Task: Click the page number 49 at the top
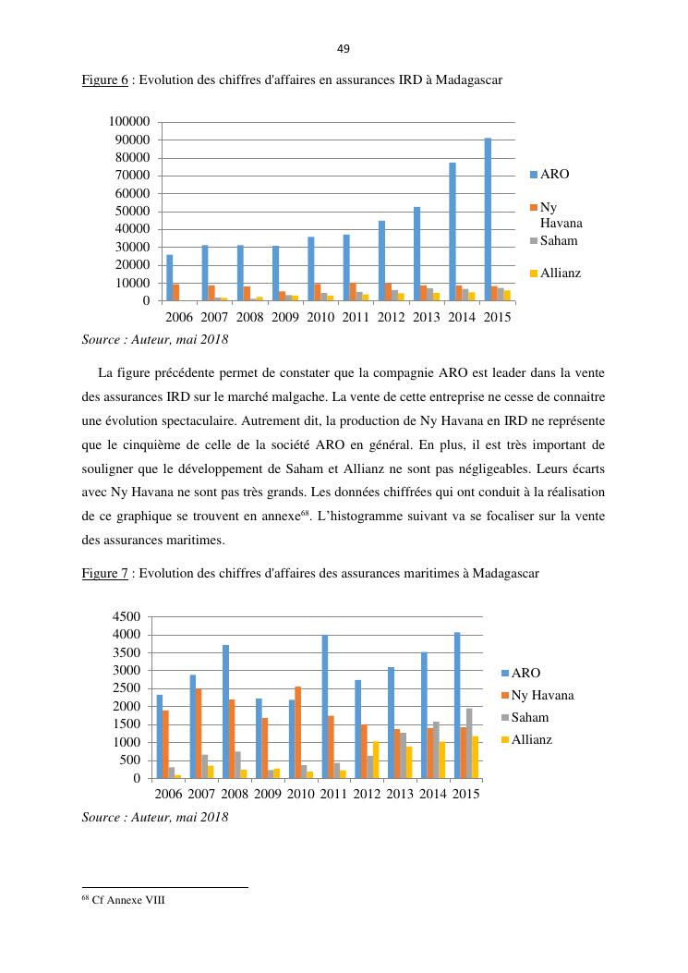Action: point(344,49)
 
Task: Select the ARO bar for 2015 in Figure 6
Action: point(488,220)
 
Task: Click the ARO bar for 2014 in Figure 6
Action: point(453,232)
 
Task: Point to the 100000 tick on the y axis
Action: point(129,122)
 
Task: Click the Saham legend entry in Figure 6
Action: point(559,241)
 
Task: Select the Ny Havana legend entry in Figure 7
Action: point(542,696)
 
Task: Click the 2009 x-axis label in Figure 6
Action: point(285,317)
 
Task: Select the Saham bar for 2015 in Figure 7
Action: point(469,744)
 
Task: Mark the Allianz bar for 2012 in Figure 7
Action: point(376,760)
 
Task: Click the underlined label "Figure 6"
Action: point(104,80)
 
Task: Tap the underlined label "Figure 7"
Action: point(104,574)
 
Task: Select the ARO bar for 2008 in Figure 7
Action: point(225,712)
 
